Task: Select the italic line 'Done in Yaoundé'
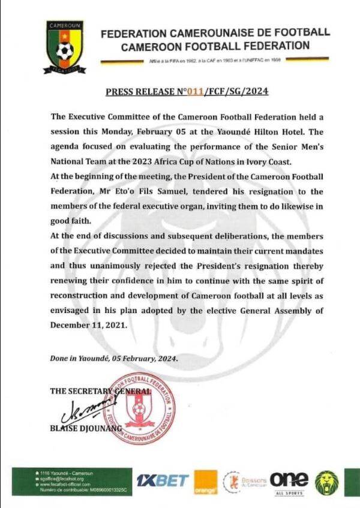pos(113,359)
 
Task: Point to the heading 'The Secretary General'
pos(100,390)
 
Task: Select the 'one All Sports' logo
pos(289,482)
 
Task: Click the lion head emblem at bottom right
pos(327,482)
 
